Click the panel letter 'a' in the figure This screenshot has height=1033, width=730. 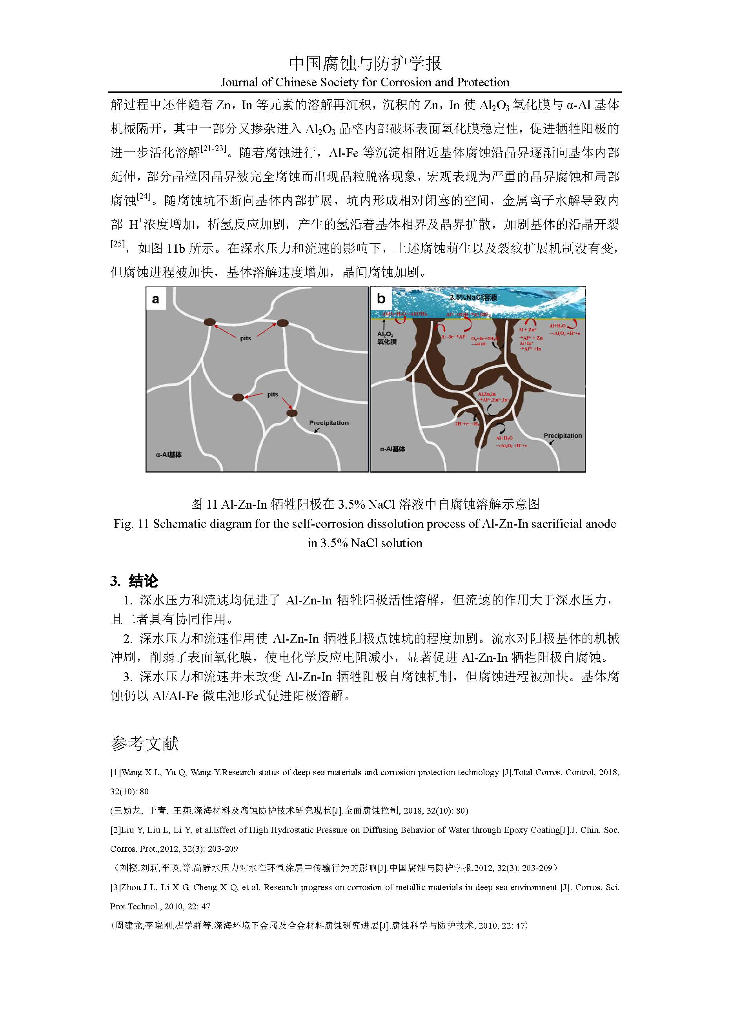pyautogui.click(x=156, y=299)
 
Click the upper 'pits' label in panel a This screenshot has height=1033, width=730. pyautogui.click(x=246, y=338)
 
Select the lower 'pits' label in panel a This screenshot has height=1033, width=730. pyautogui.click(x=273, y=394)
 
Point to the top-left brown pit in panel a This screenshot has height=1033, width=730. pyautogui.click(x=210, y=322)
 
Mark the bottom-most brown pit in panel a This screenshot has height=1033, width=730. pyautogui.click(x=292, y=413)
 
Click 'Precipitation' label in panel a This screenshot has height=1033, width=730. pyautogui.click(x=329, y=423)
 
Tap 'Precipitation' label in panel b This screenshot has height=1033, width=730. pyautogui.click(x=562, y=436)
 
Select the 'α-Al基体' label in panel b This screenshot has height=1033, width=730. pyautogui.click(x=392, y=449)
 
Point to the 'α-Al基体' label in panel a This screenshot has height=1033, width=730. pyautogui.click(x=169, y=455)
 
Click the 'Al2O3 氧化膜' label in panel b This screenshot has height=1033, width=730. pyautogui.click(x=387, y=338)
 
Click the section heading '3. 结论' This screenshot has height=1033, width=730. pyautogui.click(x=134, y=581)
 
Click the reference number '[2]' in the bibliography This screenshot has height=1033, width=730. pyautogui.click(x=115, y=830)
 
